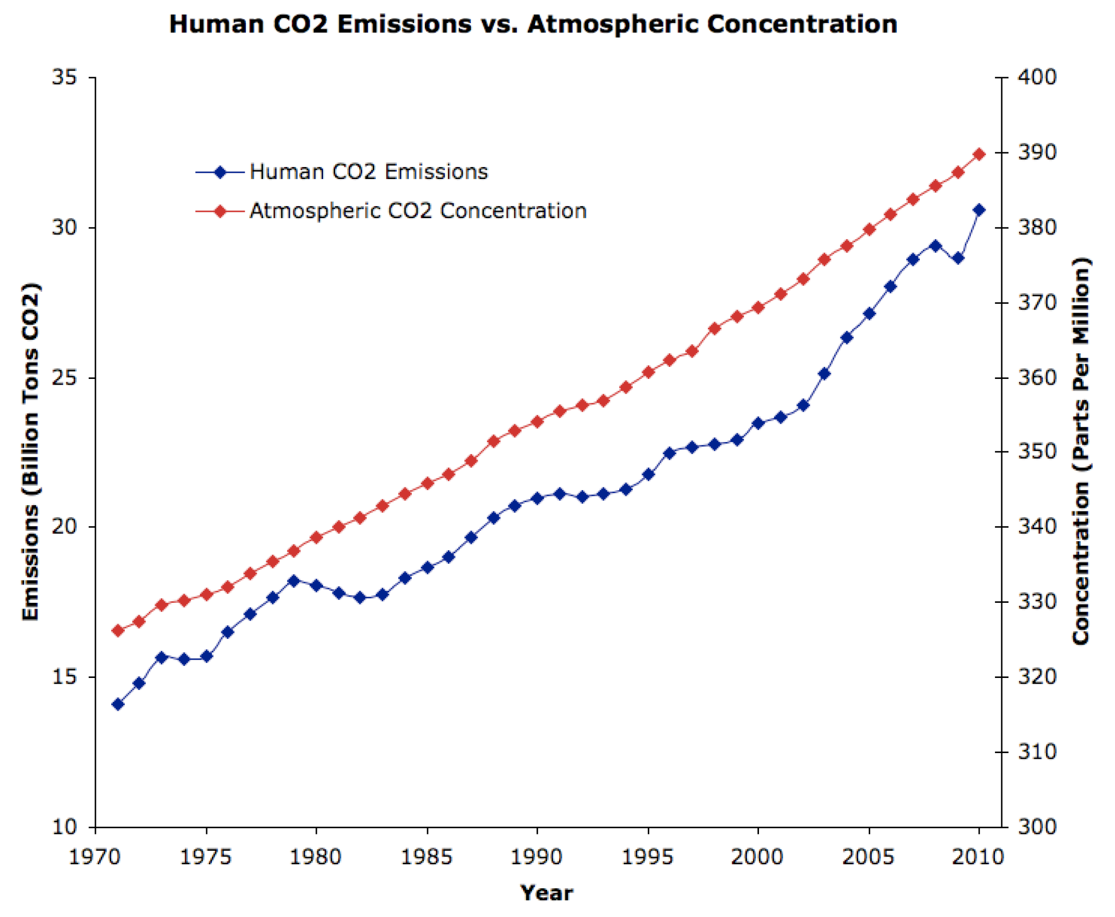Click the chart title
[532, 25]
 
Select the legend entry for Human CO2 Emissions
[368, 172]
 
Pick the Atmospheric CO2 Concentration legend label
[417, 211]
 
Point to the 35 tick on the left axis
[64, 78]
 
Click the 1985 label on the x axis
[427, 857]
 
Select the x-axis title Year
[546, 893]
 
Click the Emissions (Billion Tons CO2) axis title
[31, 452]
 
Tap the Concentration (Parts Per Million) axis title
[1081, 451]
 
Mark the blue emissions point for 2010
[979, 210]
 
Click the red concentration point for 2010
[979, 154]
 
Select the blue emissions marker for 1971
[118, 704]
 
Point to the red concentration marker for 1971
[118, 630]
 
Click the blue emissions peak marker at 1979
[294, 581]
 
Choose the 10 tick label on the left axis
[64, 827]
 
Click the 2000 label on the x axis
[757, 857]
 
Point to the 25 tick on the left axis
[64, 378]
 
